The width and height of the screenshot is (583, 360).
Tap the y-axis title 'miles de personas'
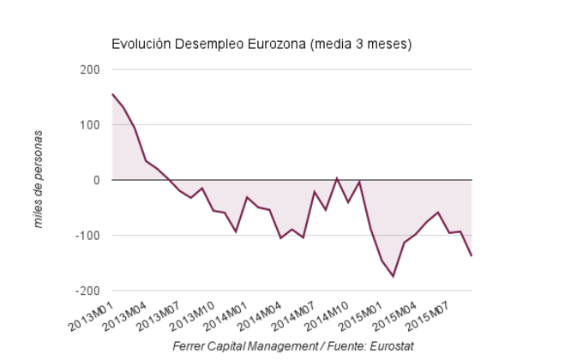tap(39, 180)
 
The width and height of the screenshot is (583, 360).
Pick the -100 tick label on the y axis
tap(88, 236)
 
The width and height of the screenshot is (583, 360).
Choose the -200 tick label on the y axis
tap(88, 291)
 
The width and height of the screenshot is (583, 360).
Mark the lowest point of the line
tap(393, 276)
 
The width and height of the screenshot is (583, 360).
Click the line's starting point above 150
tap(112, 94)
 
